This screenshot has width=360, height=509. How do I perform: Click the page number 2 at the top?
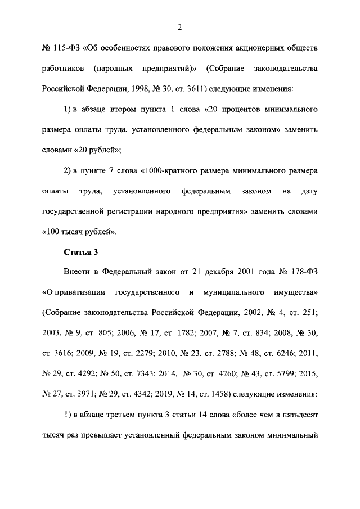tap(179, 28)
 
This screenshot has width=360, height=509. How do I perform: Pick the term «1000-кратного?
tap(175, 170)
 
